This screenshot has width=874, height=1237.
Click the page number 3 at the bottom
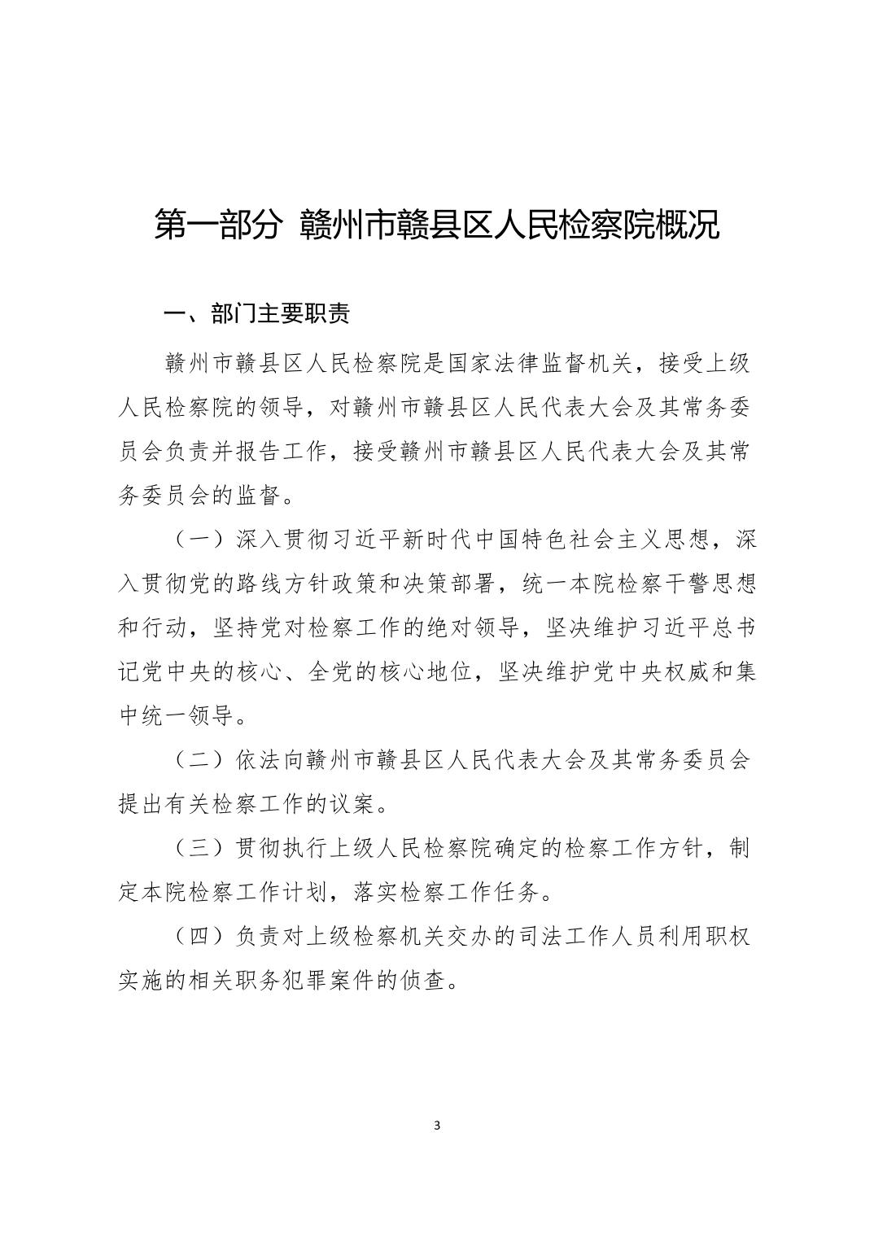[x=437, y=1126]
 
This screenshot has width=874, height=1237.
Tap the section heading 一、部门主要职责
[x=257, y=315]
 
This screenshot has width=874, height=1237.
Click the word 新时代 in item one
[x=443, y=540]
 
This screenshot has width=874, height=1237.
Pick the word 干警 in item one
[x=666, y=584]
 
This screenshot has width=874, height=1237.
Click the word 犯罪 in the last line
[x=324, y=981]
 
